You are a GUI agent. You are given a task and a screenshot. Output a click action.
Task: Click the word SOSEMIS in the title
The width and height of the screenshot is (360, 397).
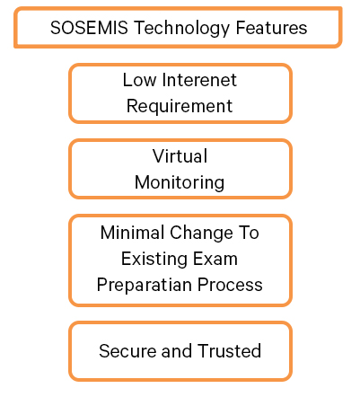tap(89, 28)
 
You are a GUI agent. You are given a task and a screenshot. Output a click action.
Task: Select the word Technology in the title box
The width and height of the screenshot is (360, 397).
tap(181, 29)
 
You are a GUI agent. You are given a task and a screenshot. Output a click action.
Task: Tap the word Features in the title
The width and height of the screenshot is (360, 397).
tap(271, 28)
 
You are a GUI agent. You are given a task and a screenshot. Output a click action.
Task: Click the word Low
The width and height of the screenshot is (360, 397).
tap(139, 80)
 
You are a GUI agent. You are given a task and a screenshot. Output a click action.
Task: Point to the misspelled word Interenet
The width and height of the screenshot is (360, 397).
tap(199, 80)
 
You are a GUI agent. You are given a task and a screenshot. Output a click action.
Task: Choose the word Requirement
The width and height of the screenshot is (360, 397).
tap(180, 107)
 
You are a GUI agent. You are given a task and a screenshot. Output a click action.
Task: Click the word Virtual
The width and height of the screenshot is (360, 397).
tap(180, 155)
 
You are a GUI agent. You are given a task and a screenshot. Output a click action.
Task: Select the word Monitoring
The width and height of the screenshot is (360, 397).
tap(180, 183)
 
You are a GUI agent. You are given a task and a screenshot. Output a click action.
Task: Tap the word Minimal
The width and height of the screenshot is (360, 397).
tap(132, 233)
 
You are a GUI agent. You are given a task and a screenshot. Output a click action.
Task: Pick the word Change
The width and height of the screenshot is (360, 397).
tap(201, 234)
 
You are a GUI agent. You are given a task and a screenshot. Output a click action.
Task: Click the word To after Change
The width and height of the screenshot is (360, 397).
tap(249, 233)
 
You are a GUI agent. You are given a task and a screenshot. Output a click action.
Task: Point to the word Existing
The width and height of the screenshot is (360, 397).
tap(154, 260)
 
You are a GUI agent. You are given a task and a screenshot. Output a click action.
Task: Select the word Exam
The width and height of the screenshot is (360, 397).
tap(215, 259)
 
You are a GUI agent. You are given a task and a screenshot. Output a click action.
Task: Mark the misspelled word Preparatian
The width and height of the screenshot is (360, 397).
tap(145, 286)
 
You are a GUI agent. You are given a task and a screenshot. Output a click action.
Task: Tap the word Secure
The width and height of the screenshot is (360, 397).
tap(127, 351)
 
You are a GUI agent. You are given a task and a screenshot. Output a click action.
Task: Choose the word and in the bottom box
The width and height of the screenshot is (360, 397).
tap(177, 351)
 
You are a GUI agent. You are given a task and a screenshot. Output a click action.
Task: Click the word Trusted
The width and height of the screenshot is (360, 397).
tap(229, 351)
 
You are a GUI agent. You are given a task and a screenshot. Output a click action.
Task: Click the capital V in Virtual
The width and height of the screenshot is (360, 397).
tap(158, 155)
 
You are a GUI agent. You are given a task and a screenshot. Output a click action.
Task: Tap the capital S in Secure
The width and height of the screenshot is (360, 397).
tap(104, 351)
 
